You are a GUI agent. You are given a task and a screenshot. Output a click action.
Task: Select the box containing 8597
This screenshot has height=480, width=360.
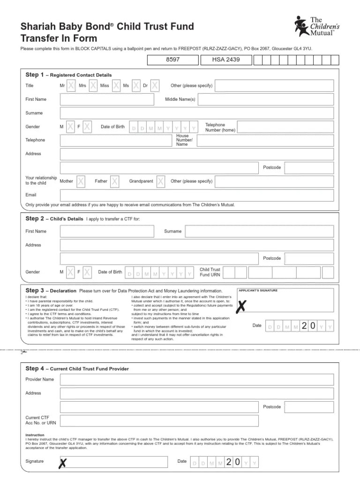click(173, 60)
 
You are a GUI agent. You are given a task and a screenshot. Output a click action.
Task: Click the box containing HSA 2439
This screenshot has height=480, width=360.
click(225, 60)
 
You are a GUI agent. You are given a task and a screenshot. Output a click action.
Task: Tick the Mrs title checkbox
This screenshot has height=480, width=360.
click(93, 86)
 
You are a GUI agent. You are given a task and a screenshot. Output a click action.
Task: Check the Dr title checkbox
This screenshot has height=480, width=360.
click(155, 86)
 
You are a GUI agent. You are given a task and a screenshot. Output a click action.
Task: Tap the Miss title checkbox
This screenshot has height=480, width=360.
click(116, 86)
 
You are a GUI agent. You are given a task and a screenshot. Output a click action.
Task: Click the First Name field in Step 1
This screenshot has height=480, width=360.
click(107, 99)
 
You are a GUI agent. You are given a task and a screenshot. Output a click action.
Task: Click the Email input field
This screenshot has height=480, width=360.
click(197, 195)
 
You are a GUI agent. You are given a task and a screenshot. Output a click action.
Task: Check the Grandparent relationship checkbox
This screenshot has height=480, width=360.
click(161, 181)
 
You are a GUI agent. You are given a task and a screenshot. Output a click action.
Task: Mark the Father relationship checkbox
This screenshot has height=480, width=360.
click(115, 181)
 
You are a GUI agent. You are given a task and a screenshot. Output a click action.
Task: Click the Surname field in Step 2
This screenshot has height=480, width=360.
click(260, 231)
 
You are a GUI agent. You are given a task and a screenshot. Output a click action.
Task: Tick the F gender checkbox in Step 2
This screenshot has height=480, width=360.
click(87, 272)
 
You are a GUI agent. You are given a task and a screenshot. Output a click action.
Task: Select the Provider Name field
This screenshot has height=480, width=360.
click(197, 380)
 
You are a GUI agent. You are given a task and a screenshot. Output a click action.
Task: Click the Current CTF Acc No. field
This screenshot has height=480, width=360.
click(159, 420)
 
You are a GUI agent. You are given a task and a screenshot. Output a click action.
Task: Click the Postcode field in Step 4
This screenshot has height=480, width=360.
click(309, 407)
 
